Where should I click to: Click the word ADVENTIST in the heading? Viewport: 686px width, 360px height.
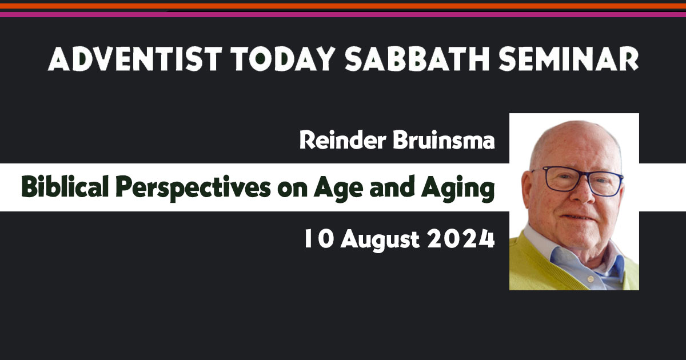135,59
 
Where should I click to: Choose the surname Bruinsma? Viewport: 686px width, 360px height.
444,140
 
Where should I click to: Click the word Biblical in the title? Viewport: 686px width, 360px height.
65,186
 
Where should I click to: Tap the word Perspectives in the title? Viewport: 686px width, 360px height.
193,187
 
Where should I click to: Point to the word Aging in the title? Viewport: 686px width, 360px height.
458,188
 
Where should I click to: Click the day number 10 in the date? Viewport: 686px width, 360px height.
318,239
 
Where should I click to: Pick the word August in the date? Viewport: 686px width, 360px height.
380,241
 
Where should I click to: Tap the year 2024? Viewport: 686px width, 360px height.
461,239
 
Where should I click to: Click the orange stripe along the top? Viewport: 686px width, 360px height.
343,6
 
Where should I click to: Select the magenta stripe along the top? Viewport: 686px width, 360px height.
343,14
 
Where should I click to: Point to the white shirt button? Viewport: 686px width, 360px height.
591,279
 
